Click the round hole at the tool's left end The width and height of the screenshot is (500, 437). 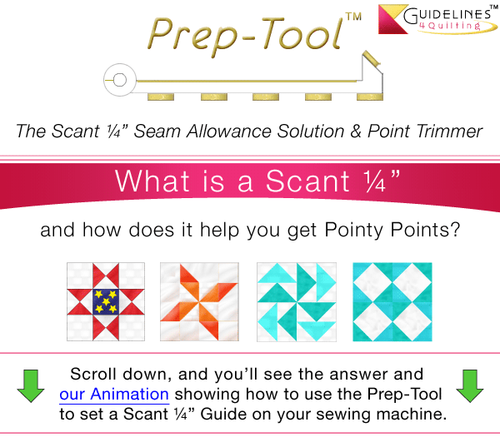pyautogui.click(x=120, y=81)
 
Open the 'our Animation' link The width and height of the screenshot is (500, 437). pyautogui.click(x=114, y=393)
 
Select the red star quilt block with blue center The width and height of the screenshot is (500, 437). pyautogui.click(x=105, y=300)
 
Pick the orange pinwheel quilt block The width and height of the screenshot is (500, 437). pyautogui.click(x=200, y=300)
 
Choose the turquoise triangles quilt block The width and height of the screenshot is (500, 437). pyautogui.click(x=297, y=300)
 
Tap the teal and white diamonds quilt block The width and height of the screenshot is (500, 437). pyautogui.click(x=392, y=300)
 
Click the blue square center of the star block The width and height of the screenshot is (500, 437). pyautogui.click(x=105, y=300)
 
